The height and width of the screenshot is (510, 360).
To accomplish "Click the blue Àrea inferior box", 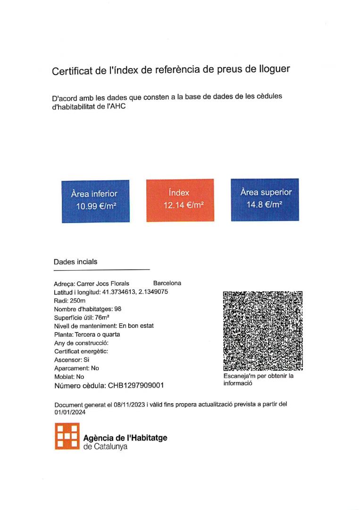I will point(95,201).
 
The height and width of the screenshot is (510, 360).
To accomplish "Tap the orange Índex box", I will point(180,200).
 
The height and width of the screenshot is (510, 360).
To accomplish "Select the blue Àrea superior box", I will point(265,199).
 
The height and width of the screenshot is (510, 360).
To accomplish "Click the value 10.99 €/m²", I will point(96,206).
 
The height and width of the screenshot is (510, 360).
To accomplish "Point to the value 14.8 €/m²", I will point(265,204).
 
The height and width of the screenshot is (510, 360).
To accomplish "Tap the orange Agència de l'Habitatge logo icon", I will point(67,436).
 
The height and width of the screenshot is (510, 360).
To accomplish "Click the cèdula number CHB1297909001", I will point(136,385).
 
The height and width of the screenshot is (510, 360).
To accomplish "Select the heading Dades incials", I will point(75,262).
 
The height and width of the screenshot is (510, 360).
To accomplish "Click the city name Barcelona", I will point(167,283).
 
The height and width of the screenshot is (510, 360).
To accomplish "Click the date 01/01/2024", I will point(70,412).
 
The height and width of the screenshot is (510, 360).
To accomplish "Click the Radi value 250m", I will point(77,300).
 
